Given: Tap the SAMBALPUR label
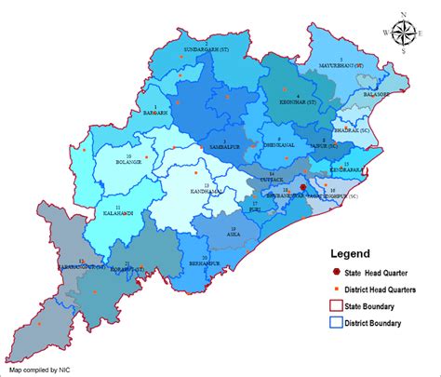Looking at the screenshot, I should (x=224, y=148).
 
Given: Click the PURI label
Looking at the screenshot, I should (x=255, y=209).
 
